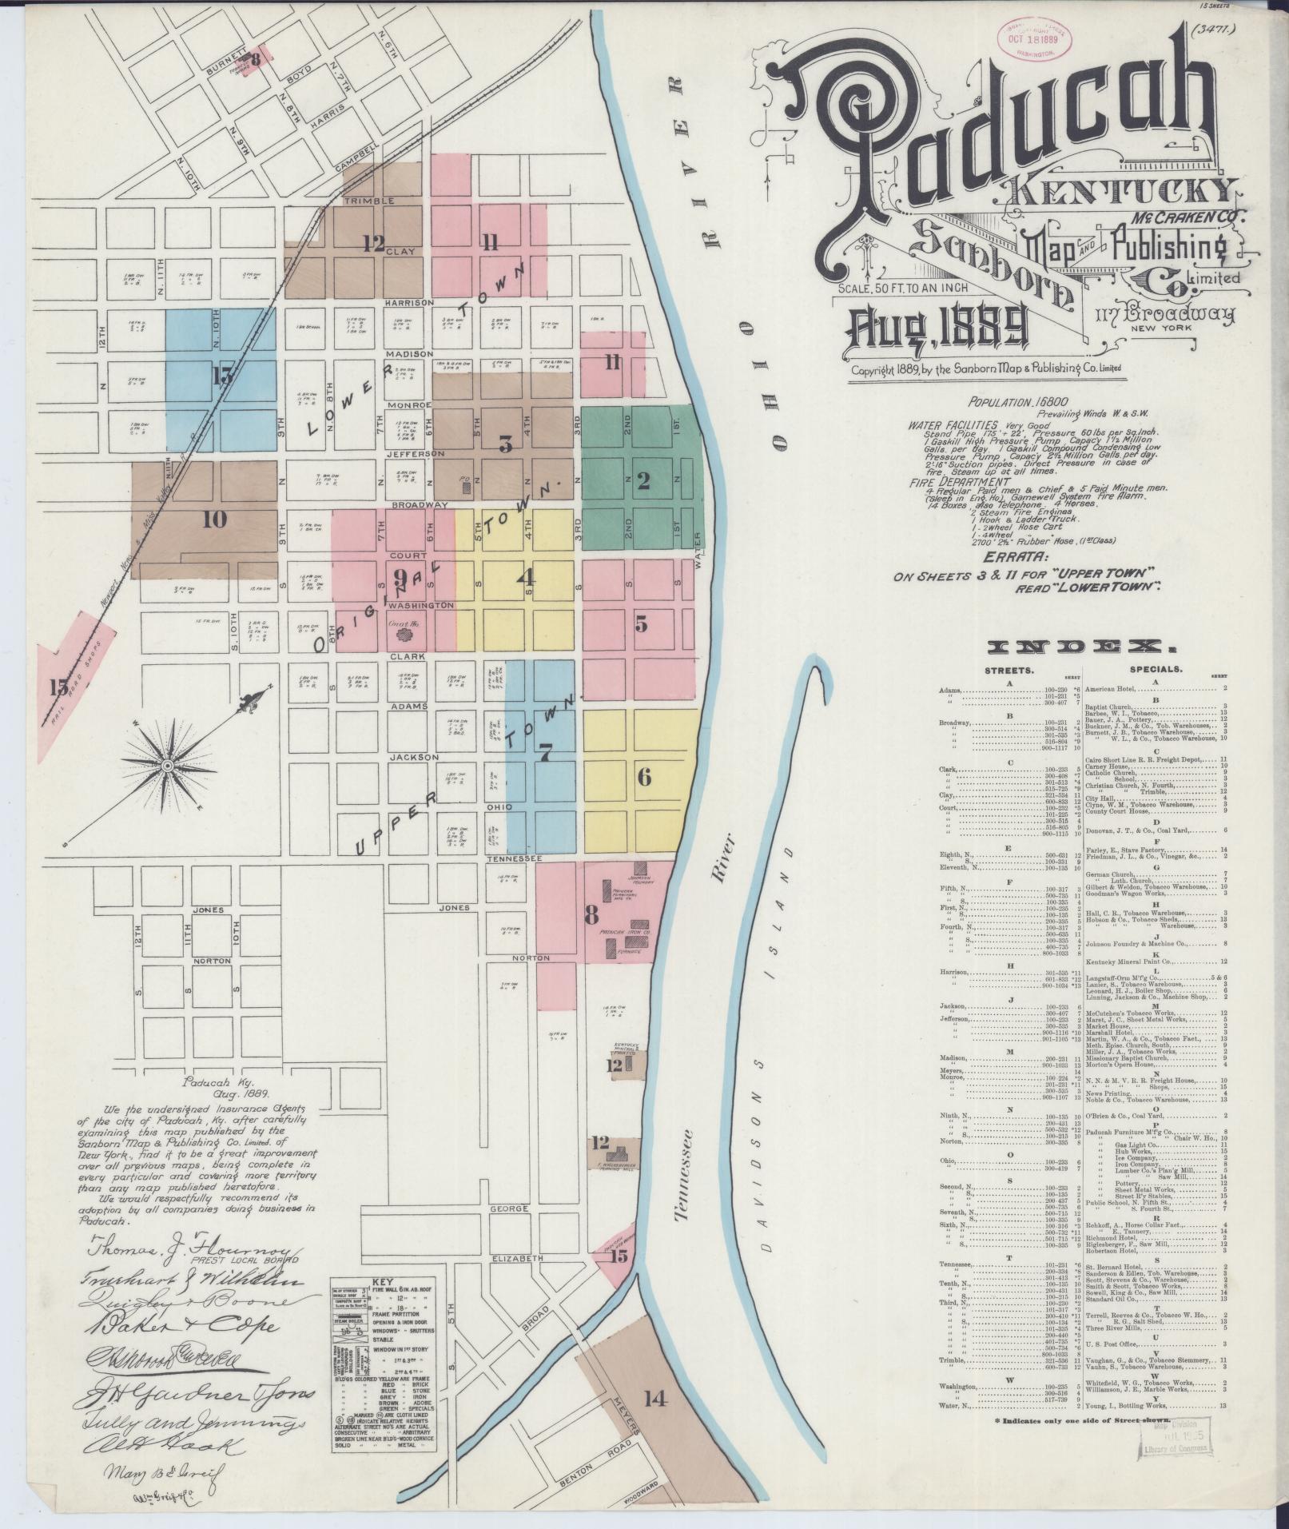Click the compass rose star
point(168,766)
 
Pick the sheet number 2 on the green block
point(643,481)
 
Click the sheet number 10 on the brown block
point(214,520)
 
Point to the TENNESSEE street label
point(515,858)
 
